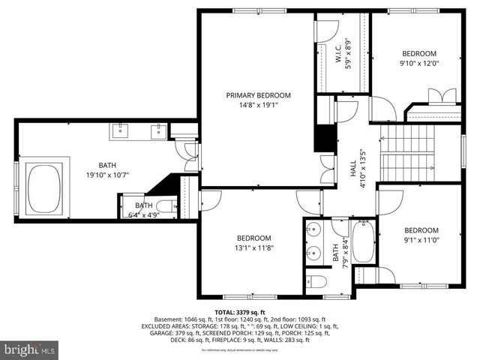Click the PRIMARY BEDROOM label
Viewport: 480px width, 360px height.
coord(259,95)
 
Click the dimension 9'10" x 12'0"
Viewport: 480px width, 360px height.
coord(420,64)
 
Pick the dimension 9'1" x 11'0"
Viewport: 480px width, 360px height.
coord(421,241)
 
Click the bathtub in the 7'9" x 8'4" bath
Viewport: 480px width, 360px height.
coord(363,241)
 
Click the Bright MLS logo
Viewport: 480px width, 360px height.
coord(30,349)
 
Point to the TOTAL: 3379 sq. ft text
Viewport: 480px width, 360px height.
coord(240,312)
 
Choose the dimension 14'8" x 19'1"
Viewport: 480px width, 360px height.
coord(259,106)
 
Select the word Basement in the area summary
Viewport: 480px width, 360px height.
coord(169,319)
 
